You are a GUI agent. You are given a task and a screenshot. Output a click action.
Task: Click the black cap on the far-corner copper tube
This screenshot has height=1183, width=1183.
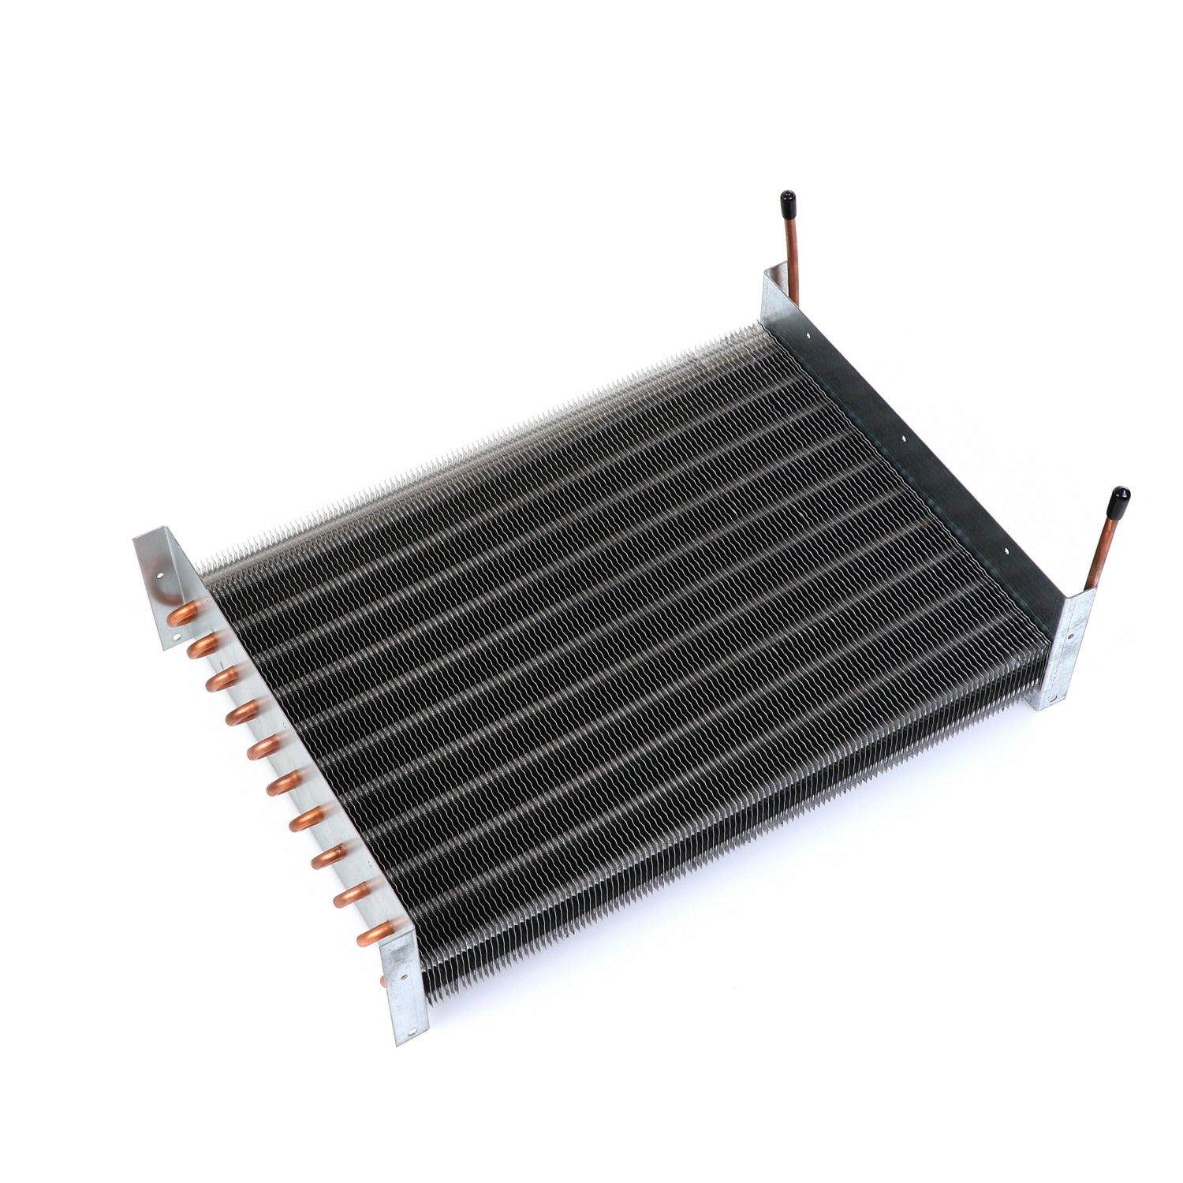pos(787,201)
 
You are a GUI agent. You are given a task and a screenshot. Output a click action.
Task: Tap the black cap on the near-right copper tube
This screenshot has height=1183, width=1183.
pos(1119,500)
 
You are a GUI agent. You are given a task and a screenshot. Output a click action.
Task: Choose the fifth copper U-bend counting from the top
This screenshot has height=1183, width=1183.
pos(259,748)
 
